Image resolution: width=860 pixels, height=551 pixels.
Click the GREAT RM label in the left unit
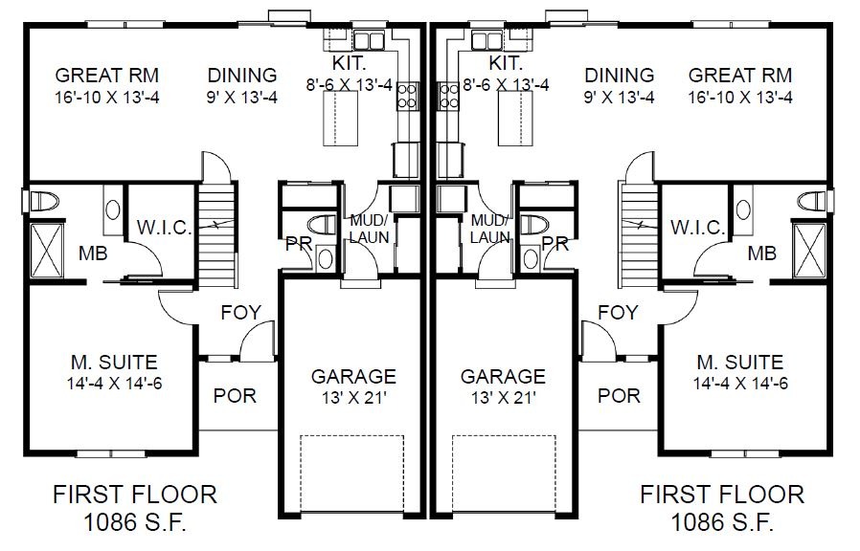click(x=107, y=75)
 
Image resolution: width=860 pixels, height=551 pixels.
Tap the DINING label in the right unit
click(x=619, y=75)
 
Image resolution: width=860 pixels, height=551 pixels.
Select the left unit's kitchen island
click(x=340, y=119)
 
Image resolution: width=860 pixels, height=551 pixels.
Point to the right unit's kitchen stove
click(x=448, y=96)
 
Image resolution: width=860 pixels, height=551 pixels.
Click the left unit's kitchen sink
click(x=368, y=41)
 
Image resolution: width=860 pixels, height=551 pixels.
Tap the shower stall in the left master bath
click(x=47, y=251)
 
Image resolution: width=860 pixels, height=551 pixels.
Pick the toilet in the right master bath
click(x=812, y=201)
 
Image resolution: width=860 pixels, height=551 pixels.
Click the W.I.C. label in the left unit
click(x=164, y=228)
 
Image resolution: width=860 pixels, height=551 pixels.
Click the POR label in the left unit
click(x=235, y=395)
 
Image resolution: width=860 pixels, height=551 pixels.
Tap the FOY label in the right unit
click(x=618, y=313)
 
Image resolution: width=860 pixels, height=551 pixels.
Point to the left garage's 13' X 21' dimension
click(x=353, y=398)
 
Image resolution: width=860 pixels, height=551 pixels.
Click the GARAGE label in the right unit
click(x=503, y=376)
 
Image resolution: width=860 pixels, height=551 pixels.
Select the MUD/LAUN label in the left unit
click(x=369, y=229)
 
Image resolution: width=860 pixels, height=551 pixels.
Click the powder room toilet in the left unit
click(x=323, y=225)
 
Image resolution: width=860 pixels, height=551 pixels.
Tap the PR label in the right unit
click(x=555, y=244)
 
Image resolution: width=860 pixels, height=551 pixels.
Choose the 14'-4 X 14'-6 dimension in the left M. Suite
click(x=115, y=384)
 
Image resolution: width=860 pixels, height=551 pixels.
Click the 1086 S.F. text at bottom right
click(x=722, y=522)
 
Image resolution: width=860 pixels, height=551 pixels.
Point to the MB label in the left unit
click(x=93, y=253)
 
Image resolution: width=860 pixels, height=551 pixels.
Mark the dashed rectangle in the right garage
click(x=504, y=474)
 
